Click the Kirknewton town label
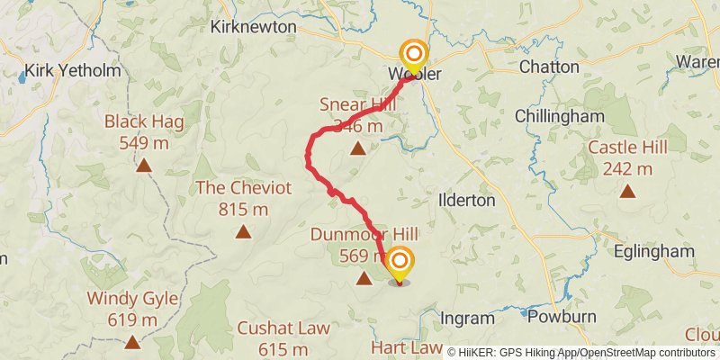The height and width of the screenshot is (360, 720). [253, 27]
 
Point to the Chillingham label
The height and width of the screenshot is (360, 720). [559, 116]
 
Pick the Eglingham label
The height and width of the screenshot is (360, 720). [653, 251]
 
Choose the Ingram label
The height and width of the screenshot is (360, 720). [467, 318]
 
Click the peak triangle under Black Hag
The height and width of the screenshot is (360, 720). [144, 165]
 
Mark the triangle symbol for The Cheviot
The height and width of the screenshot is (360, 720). [243, 232]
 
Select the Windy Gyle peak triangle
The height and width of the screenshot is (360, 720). [133, 342]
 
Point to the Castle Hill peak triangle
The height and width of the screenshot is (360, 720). [627, 191]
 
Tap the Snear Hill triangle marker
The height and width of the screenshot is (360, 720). [357, 149]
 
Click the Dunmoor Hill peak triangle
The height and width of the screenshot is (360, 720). [364, 278]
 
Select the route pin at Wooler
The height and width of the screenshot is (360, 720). [414, 58]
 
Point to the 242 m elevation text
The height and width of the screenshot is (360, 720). [627, 168]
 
